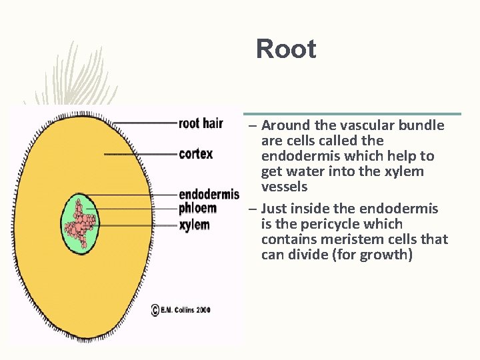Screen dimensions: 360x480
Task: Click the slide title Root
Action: pyautogui.click(x=286, y=49)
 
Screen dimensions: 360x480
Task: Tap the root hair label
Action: pyautogui.click(x=201, y=123)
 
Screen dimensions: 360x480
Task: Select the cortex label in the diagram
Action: pyautogui.click(x=196, y=154)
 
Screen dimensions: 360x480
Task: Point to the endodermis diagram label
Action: pyautogui.click(x=209, y=195)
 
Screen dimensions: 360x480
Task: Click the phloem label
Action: pyautogui.click(x=197, y=209)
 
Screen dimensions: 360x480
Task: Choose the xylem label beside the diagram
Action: pyautogui.click(x=194, y=225)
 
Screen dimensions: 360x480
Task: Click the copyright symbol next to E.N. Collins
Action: pyautogui.click(x=155, y=310)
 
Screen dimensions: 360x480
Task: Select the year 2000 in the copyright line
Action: pyautogui.click(x=203, y=310)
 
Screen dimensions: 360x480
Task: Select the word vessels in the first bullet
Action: pyautogui.click(x=284, y=187)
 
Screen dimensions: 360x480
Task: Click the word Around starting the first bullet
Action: pyautogui.click(x=285, y=125)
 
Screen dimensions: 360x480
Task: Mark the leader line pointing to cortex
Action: pyautogui.click(x=140, y=154)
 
